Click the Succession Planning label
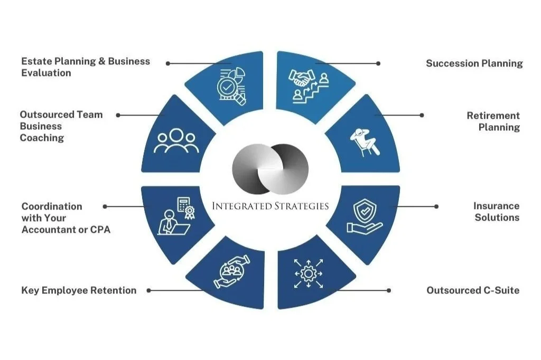click(x=474, y=63)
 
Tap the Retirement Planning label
click(x=493, y=121)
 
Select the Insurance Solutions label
click(x=496, y=211)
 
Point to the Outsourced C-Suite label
click(x=473, y=290)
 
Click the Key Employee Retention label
click(x=79, y=290)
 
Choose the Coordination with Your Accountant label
click(x=66, y=217)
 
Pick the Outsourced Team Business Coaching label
click(x=61, y=126)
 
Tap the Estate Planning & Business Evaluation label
click(x=85, y=67)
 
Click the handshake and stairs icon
click(x=309, y=85)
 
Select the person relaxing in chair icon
click(x=364, y=141)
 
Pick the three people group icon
click(x=176, y=141)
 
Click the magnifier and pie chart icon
click(x=231, y=84)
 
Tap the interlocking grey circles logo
click(x=270, y=168)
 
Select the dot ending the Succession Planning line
click(x=378, y=63)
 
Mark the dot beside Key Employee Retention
click(x=148, y=290)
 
